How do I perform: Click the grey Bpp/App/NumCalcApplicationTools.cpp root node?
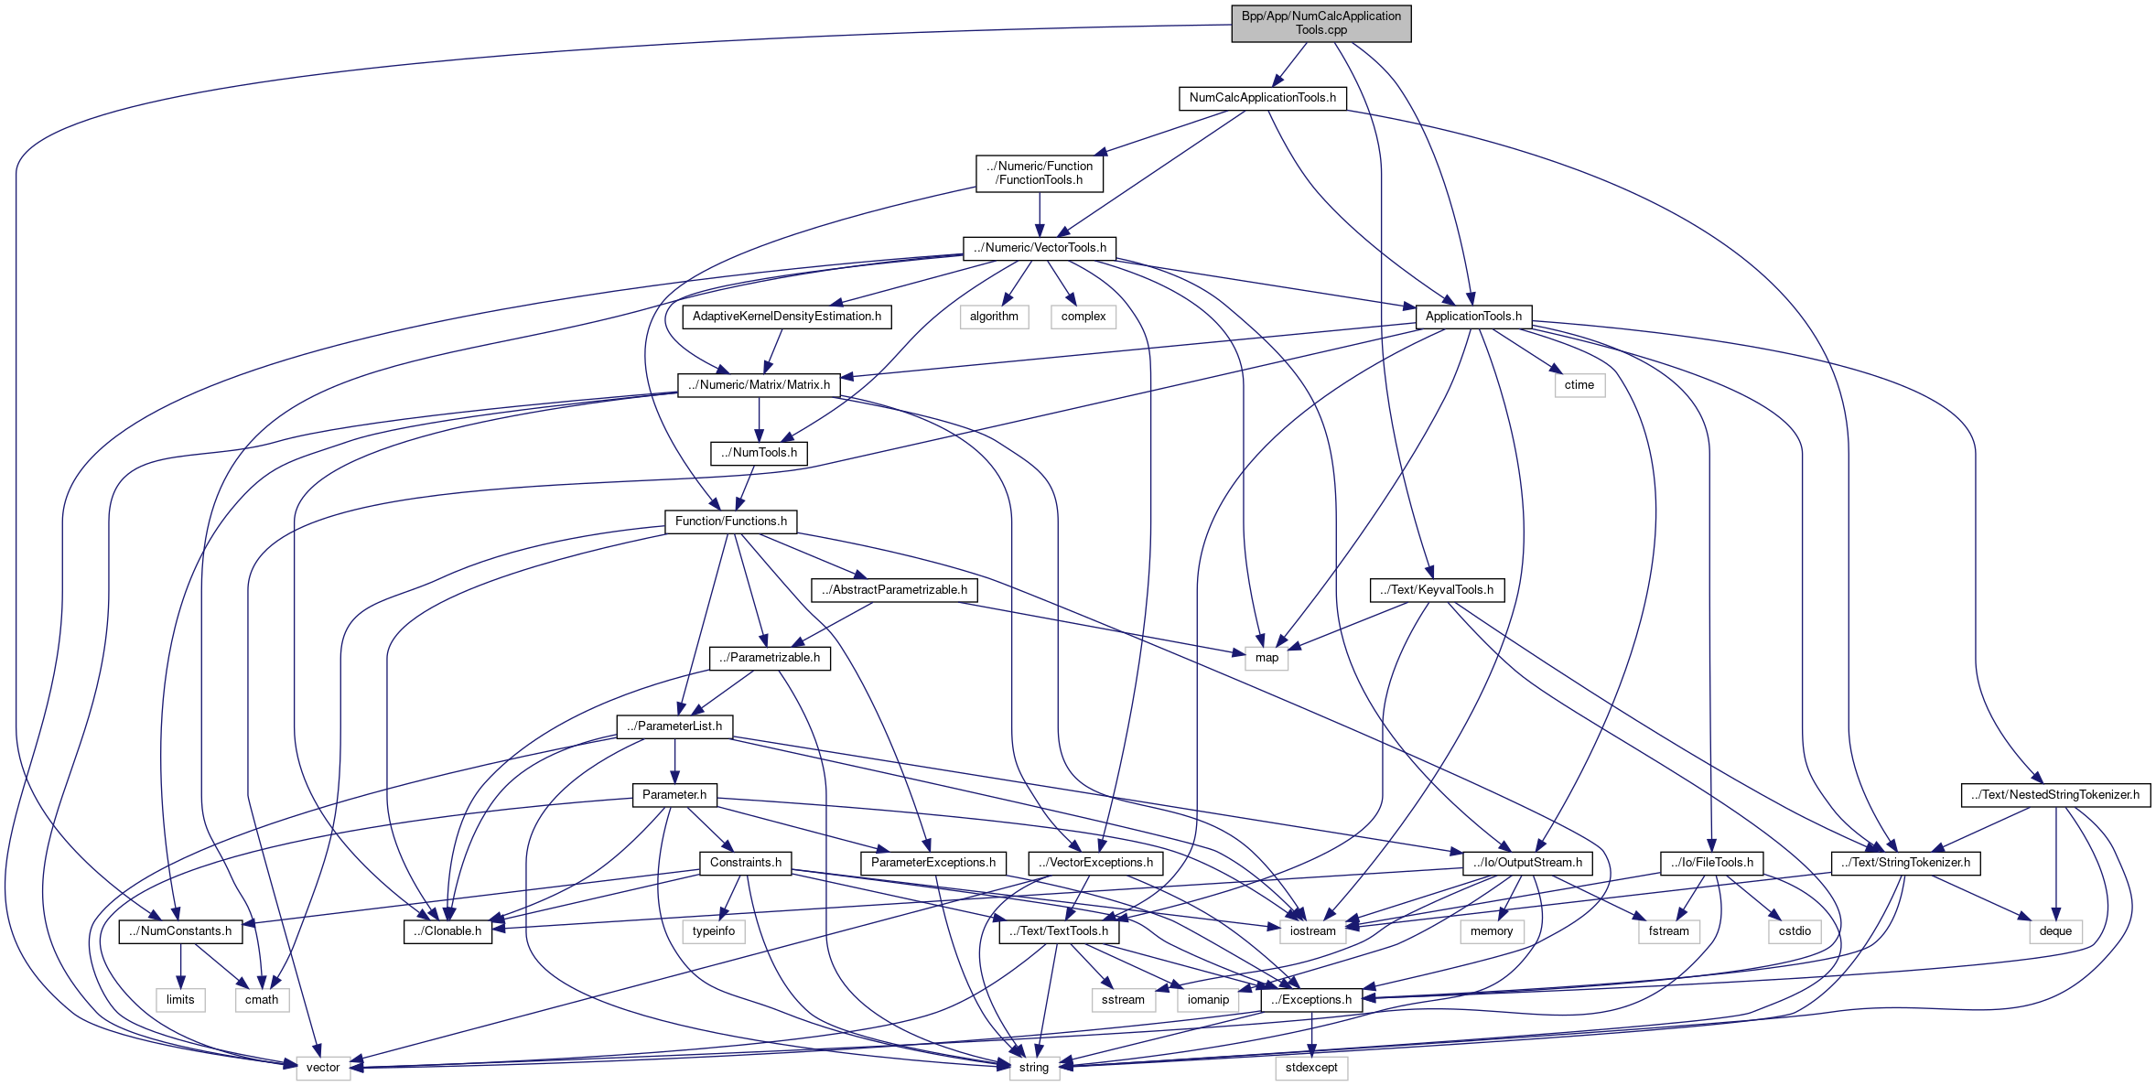[1321, 23]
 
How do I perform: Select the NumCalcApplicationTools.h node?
[1262, 98]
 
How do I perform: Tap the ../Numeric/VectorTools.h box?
[1040, 248]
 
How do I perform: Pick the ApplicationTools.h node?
[1473, 317]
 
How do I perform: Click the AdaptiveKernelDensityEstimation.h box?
[787, 317]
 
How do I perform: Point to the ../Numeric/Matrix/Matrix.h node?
[759, 385]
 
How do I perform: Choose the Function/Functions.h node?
[730, 521]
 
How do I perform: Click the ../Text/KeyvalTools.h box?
[1437, 590]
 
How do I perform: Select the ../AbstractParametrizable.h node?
[894, 590]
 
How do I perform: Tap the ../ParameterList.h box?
[674, 726]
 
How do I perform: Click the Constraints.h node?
[745, 863]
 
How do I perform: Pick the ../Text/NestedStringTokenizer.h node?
[2055, 795]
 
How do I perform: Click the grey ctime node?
[1579, 385]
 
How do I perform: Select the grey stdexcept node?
[1310, 1068]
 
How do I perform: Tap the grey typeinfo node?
[714, 931]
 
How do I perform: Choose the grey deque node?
[2055, 931]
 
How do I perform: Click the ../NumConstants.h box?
[180, 931]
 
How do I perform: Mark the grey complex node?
[1083, 317]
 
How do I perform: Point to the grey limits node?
[180, 1000]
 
